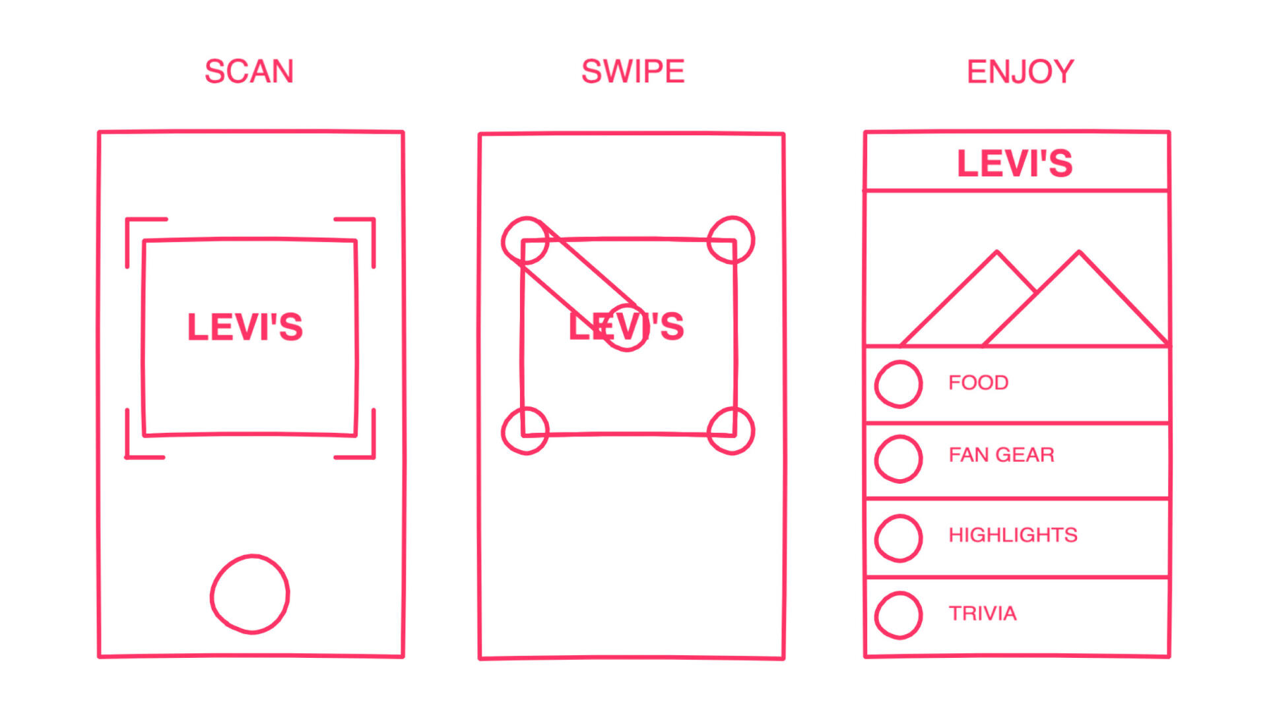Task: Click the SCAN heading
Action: pyautogui.click(x=249, y=71)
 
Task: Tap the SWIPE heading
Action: pyautogui.click(x=632, y=71)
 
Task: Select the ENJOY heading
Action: pyautogui.click(x=1020, y=71)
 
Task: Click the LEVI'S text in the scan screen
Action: pyautogui.click(x=245, y=327)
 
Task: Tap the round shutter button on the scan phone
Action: pyautogui.click(x=250, y=595)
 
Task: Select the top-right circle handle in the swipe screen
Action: pyautogui.click(x=731, y=240)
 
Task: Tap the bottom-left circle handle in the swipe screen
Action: pyautogui.click(x=525, y=431)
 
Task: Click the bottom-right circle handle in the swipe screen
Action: pyautogui.click(x=731, y=431)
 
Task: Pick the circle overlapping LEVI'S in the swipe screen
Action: pyautogui.click(x=626, y=328)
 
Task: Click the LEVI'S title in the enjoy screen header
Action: pyautogui.click(x=1015, y=163)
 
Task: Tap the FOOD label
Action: pyautogui.click(x=978, y=383)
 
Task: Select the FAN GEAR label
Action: pyautogui.click(x=1001, y=455)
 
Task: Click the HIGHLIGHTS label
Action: pyautogui.click(x=1012, y=535)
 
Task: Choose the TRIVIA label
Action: pyautogui.click(x=982, y=614)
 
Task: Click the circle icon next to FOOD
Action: pyautogui.click(x=898, y=384)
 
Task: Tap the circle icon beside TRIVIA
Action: pyautogui.click(x=898, y=615)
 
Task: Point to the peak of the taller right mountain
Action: pyautogui.click(x=1080, y=253)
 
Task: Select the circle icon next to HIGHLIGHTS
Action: pyautogui.click(x=898, y=538)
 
